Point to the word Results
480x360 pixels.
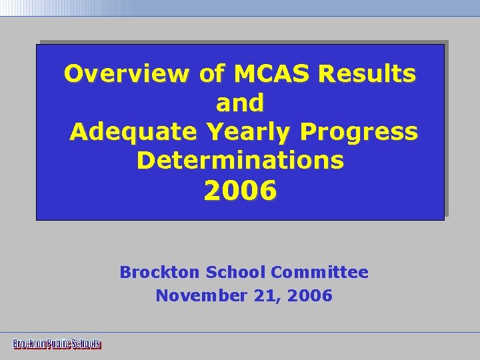(x=367, y=73)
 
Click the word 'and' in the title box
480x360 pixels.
(x=240, y=103)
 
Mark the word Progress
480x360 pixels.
(x=359, y=132)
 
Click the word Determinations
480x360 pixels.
(x=240, y=161)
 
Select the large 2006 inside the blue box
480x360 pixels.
(x=240, y=191)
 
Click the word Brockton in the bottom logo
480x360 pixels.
(x=29, y=344)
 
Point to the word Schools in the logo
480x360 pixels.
(x=86, y=344)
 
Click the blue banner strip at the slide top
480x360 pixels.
(x=300, y=7)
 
